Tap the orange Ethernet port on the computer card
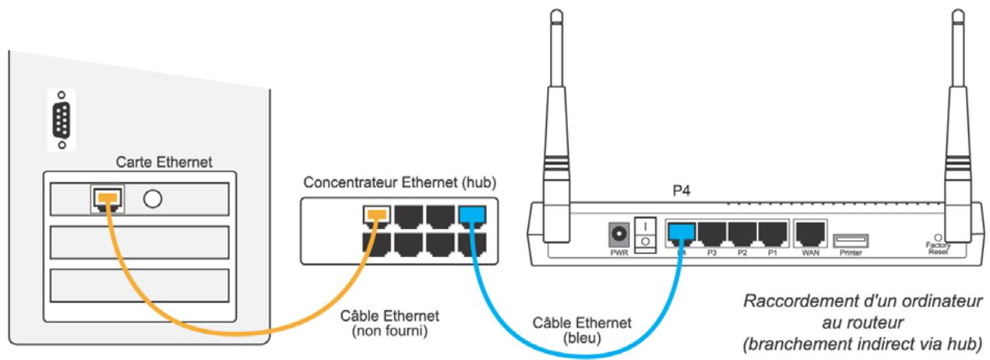(106, 199)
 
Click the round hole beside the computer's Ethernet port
(153, 199)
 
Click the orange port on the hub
(378, 214)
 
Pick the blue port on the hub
(470, 214)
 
